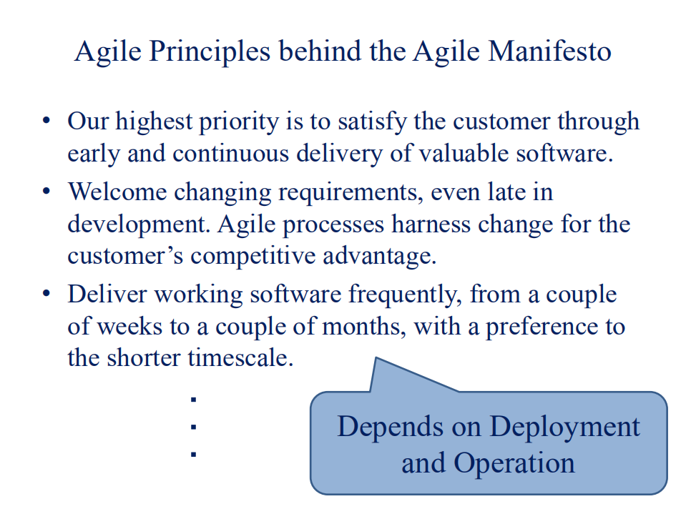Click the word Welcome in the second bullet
[117, 192]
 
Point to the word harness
[432, 224]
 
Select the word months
[364, 327]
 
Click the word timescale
[240, 357]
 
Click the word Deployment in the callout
[564, 426]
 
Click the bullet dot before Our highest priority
[46, 120]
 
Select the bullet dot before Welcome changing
[46, 191]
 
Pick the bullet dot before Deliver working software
[46, 294]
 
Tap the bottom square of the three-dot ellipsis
[193, 453]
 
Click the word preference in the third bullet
[534, 327]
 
